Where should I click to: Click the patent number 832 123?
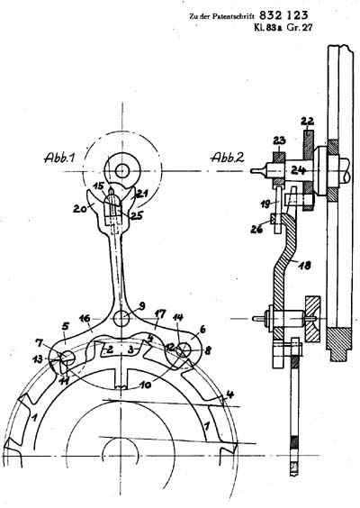(283, 15)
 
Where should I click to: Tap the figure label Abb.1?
(60, 158)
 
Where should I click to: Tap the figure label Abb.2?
(228, 158)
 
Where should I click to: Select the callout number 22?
(307, 122)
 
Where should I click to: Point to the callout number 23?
(279, 141)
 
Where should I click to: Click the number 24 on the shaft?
(298, 169)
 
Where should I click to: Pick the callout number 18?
(304, 266)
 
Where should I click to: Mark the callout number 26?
(257, 229)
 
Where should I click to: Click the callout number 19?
(267, 204)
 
